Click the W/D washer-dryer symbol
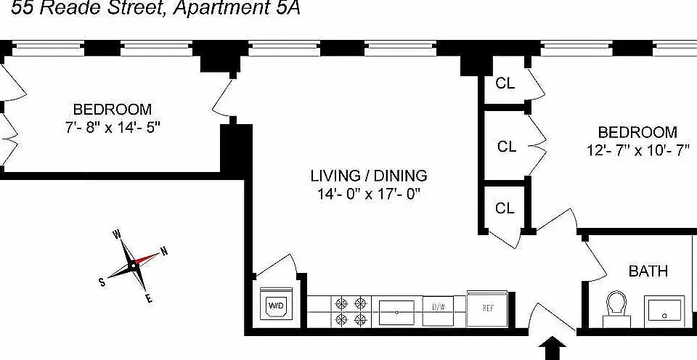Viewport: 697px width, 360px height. click(x=276, y=303)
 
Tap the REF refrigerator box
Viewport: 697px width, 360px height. click(x=487, y=308)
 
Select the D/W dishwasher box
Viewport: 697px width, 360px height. click(x=438, y=311)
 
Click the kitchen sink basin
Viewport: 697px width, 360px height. click(x=396, y=312)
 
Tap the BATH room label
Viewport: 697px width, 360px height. click(x=648, y=271)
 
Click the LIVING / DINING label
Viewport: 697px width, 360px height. click(x=369, y=176)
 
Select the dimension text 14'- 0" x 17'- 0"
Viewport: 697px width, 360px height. click(x=369, y=195)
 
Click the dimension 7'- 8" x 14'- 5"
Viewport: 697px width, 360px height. click(x=113, y=128)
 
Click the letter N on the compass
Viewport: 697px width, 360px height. click(x=164, y=252)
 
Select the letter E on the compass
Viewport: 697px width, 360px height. click(x=150, y=298)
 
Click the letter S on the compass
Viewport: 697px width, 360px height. click(x=102, y=282)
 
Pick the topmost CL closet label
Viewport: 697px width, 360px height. click(x=505, y=83)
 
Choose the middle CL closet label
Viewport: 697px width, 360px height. click(x=507, y=147)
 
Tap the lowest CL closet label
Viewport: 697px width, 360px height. click(x=505, y=208)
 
